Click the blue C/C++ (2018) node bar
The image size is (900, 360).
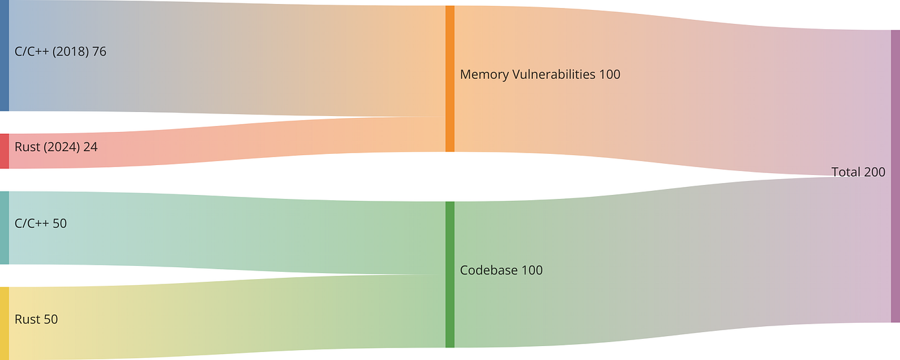coord(4,56)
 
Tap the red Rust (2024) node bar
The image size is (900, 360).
coord(4,151)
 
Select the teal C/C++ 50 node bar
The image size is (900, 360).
coord(4,227)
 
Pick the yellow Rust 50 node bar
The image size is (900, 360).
coord(4,323)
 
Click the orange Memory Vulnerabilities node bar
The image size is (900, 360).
coord(450,79)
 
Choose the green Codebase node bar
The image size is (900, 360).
coord(450,274)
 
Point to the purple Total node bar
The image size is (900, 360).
coord(895,176)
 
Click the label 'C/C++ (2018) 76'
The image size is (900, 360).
coord(60,51)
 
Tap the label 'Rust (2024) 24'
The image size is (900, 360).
coord(56,147)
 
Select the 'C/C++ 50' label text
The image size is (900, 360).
coord(40,223)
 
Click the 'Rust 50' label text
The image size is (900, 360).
coord(36,319)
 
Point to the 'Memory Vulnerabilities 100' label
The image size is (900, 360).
coord(540,74)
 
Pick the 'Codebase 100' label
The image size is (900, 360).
coord(501,270)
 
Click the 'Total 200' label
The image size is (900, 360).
coord(858,172)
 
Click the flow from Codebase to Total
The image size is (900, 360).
coord(663,265)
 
